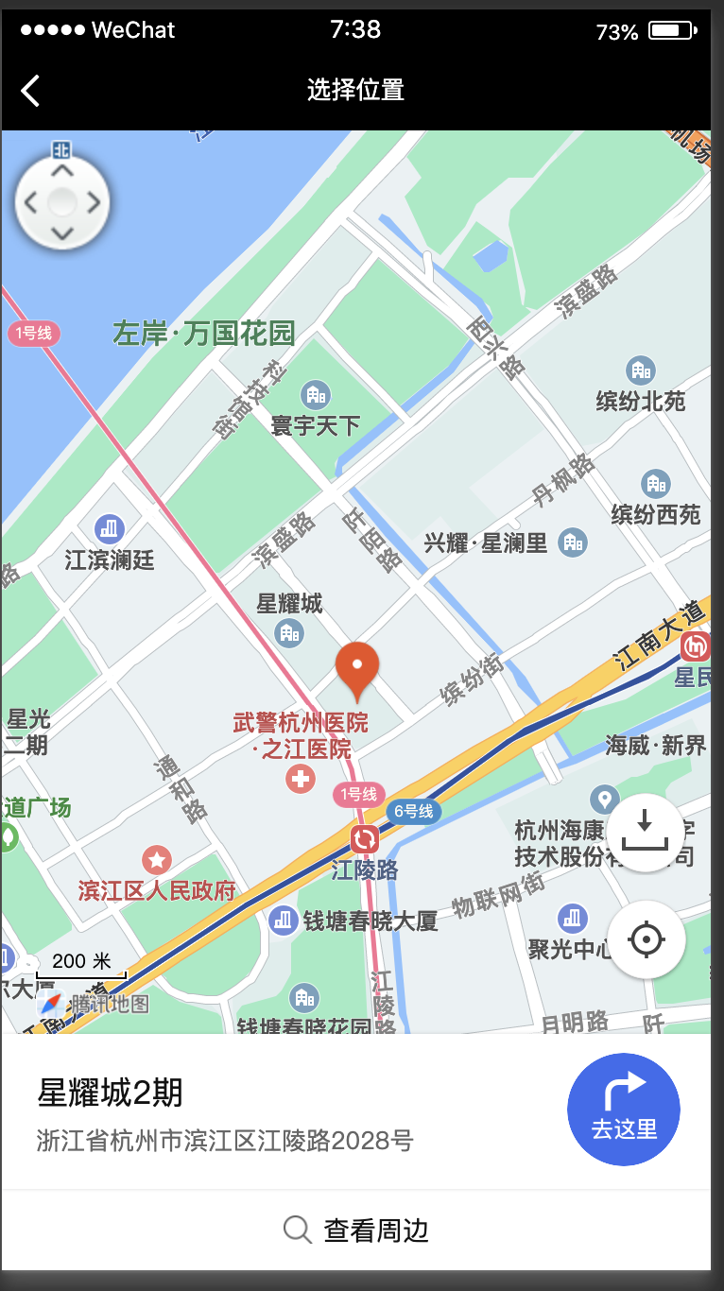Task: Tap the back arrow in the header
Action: [30, 91]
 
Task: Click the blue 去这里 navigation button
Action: [624, 1110]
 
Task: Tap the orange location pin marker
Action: [357, 667]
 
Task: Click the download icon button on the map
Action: [646, 833]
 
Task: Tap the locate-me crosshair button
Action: [646, 939]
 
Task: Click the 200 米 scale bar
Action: [81, 966]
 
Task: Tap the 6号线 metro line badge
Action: [413, 811]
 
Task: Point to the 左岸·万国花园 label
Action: [204, 334]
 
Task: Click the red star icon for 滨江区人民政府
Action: [156, 860]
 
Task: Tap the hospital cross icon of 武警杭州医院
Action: [301, 780]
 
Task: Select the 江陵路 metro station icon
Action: [365, 838]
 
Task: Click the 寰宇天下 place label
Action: [316, 425]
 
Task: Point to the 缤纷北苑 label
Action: [641, 401]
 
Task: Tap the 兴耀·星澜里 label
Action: [485, 543]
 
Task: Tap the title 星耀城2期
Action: [110, 1093]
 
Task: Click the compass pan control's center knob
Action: [62, 202]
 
